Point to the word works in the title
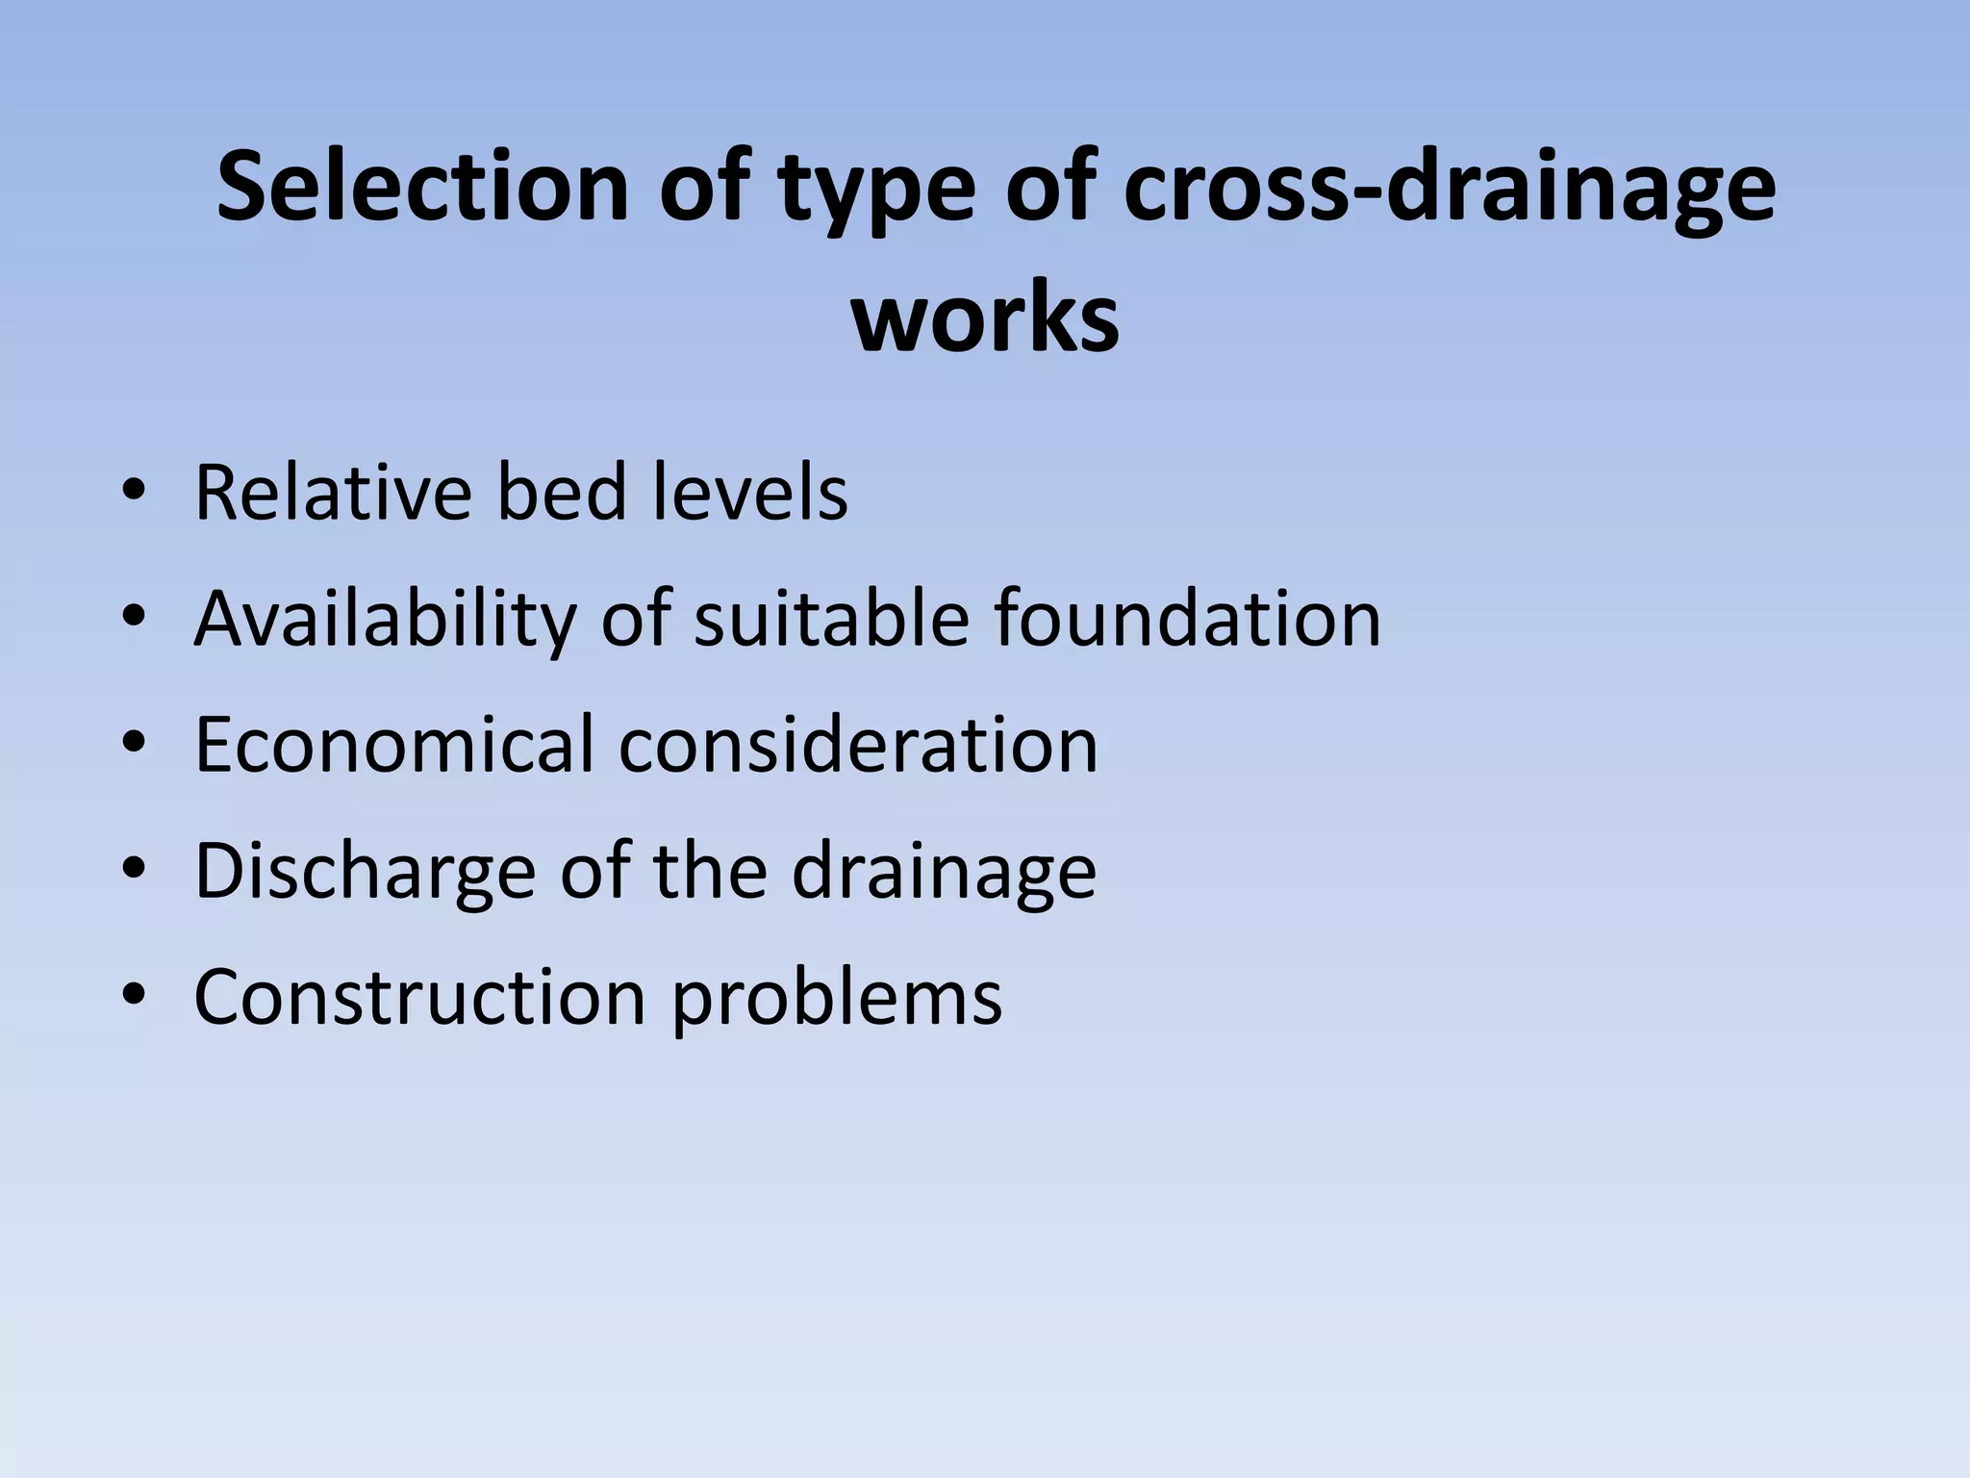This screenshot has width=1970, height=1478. point(985,318)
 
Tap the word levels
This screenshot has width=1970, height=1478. point(751,493)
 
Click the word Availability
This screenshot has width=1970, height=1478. point(385,618)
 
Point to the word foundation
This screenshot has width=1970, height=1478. point(1187,618)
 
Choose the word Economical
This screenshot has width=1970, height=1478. point(394,745)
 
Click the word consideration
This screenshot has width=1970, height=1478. point(858,745)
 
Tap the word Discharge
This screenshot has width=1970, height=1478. point(365,871)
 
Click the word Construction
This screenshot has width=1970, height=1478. point(419,997)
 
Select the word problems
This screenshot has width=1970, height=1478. point(836,997)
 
